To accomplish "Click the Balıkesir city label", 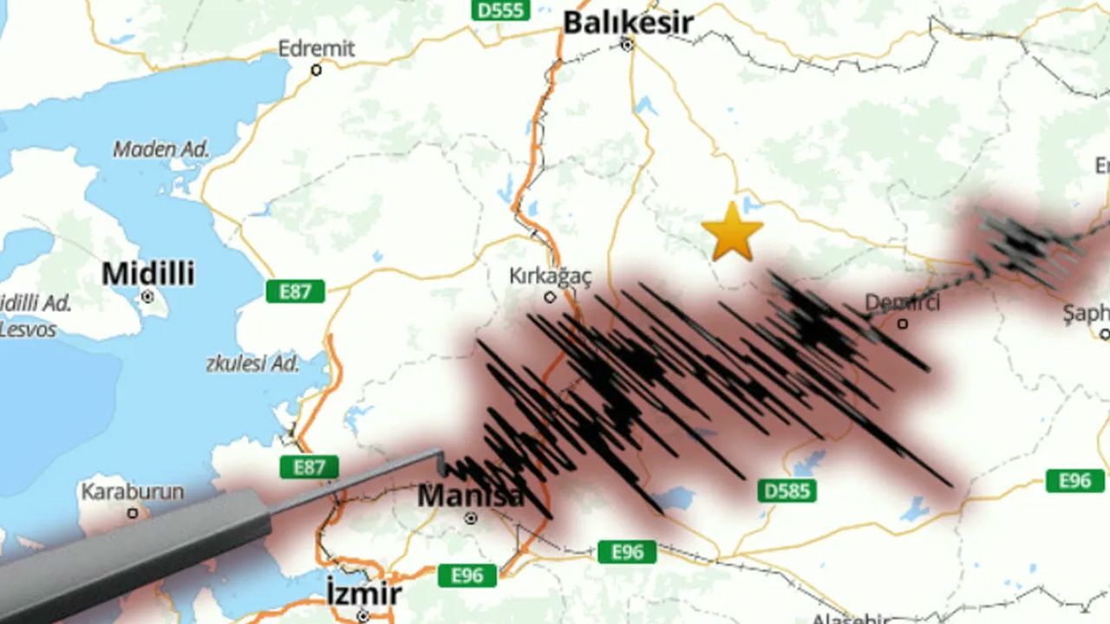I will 628,22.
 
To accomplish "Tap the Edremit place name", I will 316,49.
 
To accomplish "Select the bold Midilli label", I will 147,274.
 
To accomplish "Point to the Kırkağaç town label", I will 550,276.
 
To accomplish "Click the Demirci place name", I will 902,302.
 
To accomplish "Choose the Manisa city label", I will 470,497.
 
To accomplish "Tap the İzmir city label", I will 363,595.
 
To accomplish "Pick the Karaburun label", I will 132,491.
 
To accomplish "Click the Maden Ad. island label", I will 161,149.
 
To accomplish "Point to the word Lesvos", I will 28,329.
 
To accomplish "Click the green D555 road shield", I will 500,10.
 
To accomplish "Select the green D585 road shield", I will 787,491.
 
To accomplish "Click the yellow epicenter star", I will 732,232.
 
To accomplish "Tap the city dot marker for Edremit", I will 316,69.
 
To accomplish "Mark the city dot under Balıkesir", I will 628,44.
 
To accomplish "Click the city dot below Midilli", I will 147,296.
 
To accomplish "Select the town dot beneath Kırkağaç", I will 550,297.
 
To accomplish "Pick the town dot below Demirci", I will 903,323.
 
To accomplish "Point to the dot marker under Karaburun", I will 133,513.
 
